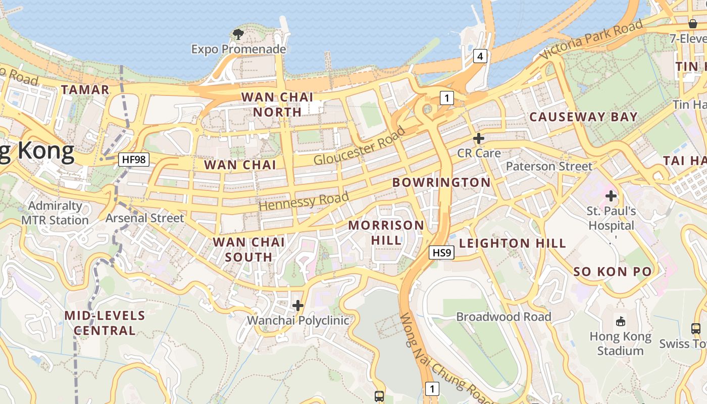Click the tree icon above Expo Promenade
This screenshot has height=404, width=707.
coord(238,34)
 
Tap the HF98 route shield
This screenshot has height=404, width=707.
coord(134,160)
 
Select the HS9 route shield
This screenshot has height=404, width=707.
coord(441,252)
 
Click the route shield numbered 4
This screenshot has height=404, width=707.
coord(480,56)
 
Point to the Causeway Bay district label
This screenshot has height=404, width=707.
coord(583,117)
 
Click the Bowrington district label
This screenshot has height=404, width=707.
coord(441,182)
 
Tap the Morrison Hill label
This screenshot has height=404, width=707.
coord(386,232)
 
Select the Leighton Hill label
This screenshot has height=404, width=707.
coord(513,243)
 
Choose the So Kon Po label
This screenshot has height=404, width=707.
coord(613,272)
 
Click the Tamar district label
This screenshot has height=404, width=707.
coord(85,90)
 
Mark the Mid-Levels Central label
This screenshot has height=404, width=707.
coord(105,323)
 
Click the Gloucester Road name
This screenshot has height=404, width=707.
coord(360,145)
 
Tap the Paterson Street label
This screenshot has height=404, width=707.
coord(549,166)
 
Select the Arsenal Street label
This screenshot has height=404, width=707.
coord(144,218)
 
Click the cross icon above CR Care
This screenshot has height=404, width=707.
coord(479,138)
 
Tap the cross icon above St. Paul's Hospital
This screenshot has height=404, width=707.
coord(611,195)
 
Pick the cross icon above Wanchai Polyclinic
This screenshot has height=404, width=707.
coord(298,306)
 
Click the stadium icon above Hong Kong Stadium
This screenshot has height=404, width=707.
coord(621,321)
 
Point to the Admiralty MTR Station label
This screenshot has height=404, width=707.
coord(55,213)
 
